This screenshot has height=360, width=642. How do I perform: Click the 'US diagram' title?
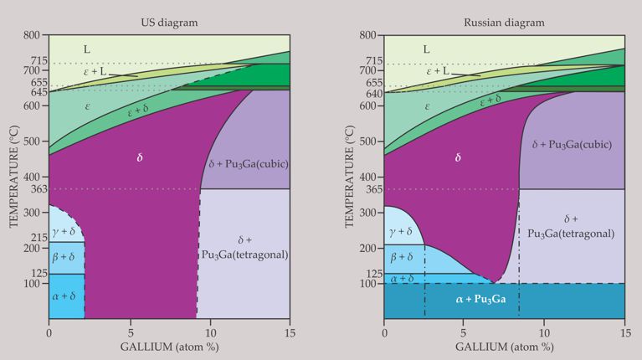click(x=170, y=22)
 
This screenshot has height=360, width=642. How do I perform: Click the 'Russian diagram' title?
click(x=504, y=22)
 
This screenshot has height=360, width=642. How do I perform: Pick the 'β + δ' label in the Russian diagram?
click(x=403, y=257)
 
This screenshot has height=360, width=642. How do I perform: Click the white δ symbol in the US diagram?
click(x=141, y=157)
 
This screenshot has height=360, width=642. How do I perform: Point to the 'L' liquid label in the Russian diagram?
click(x=426, y=49)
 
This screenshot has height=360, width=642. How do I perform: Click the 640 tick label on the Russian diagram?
click(x=371, y=94)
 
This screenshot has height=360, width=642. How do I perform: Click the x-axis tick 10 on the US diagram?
click(x=209, y=332)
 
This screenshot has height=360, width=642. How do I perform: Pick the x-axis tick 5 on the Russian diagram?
click(x=465, y=332)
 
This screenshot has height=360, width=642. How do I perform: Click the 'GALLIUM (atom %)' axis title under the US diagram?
click(x=168, y=347)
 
